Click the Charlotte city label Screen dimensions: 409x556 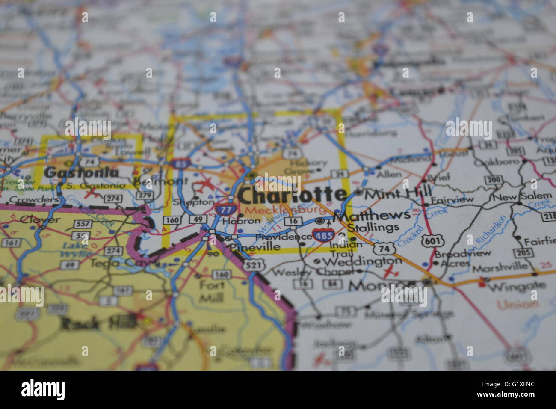[292, 195]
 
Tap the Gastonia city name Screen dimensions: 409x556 [81, 173]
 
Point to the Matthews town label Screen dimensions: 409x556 [371, 215]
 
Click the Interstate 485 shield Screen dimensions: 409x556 [323, 234]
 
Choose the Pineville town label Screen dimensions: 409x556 [254, 247]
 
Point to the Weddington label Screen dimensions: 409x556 [362, 261]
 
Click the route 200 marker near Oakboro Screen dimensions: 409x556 [494, 180]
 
